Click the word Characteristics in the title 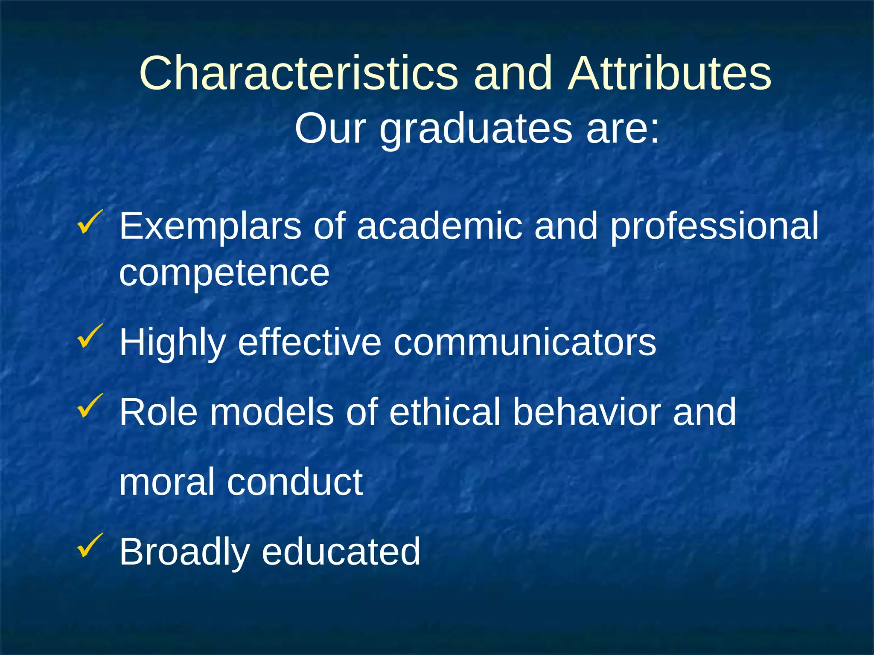[298, 73]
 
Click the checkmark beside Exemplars [90, 222]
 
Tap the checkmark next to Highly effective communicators [90, 336]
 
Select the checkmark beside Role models [90, 406]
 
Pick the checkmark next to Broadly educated [90, 545]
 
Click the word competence [224, 273]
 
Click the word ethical [444, 412]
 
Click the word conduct [294, 482]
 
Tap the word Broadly [184, 553]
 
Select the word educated [341, 552]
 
